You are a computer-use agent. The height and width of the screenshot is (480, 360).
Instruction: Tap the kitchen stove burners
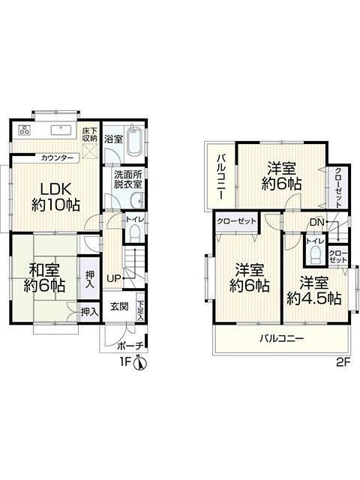point(25,130)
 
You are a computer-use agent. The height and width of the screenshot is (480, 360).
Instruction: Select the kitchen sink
point(61,130)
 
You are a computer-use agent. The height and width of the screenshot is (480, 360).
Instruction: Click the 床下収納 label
point(90,134)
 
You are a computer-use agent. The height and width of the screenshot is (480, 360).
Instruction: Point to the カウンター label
point(57,158)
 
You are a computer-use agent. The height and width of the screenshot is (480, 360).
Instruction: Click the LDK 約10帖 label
point(55,196)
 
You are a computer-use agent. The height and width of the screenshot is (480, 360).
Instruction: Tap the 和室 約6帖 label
point(44,278)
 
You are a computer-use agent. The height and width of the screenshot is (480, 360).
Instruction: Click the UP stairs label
point(113,278)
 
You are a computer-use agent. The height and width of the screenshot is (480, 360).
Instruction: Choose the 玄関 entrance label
point(119,307)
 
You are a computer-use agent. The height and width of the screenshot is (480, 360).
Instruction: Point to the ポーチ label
point(130,346)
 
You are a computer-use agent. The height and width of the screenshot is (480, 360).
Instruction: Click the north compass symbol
point(140,363)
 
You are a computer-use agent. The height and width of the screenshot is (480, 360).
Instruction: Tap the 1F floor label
point(125,363)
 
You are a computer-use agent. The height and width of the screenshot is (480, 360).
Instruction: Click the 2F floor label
point(343,363)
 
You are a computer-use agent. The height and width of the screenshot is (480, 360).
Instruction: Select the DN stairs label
point(316,222)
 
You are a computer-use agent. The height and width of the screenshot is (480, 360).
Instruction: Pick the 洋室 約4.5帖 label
point(314,291)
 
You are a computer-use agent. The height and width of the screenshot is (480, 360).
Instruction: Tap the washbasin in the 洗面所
point(136,201)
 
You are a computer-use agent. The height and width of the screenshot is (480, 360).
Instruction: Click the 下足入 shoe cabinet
point(140,307)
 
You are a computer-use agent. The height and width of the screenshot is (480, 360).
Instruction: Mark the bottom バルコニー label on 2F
point(282,338)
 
